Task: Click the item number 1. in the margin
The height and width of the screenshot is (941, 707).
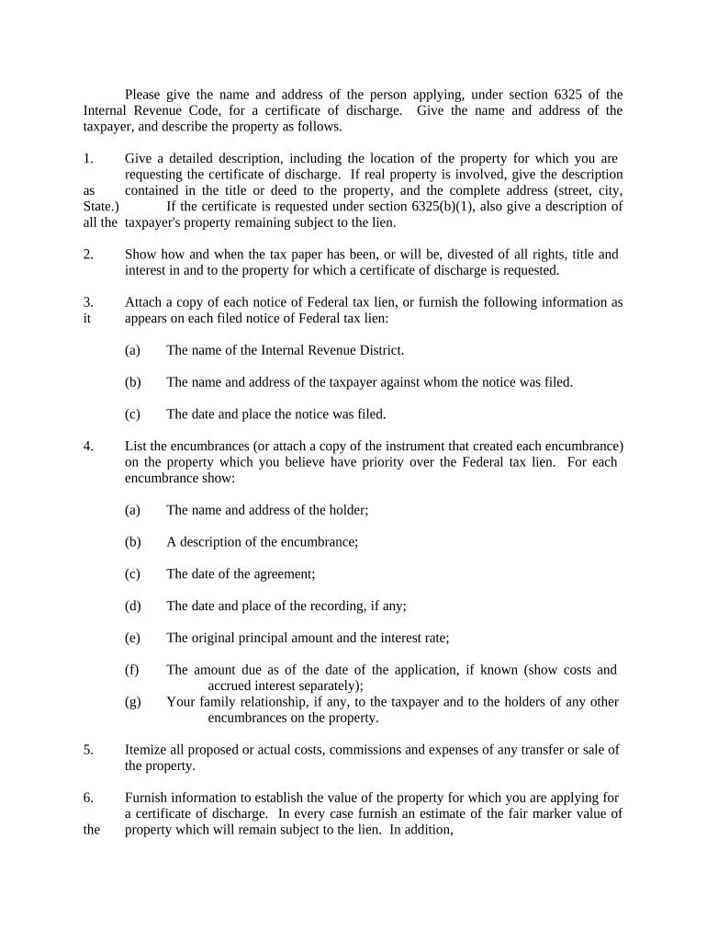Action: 88,159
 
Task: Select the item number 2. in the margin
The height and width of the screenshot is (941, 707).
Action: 88,255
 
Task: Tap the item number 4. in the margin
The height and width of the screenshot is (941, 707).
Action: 88,447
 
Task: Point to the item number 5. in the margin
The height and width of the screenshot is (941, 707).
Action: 88,750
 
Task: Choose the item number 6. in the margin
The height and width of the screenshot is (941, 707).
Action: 88,798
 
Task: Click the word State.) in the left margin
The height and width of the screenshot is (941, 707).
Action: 100,207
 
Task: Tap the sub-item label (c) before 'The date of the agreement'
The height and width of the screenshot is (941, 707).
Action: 132,574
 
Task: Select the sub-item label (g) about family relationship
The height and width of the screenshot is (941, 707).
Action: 132,702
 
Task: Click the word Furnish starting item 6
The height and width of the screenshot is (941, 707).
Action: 148,798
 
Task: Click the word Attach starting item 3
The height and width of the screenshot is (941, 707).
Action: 144,302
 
